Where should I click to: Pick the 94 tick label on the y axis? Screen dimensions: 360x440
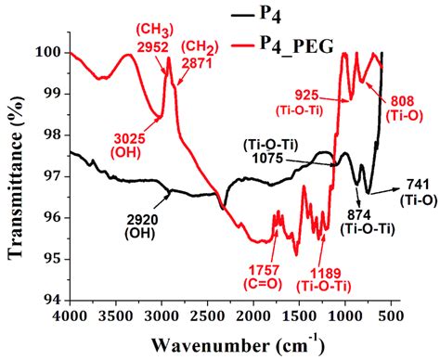54,299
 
